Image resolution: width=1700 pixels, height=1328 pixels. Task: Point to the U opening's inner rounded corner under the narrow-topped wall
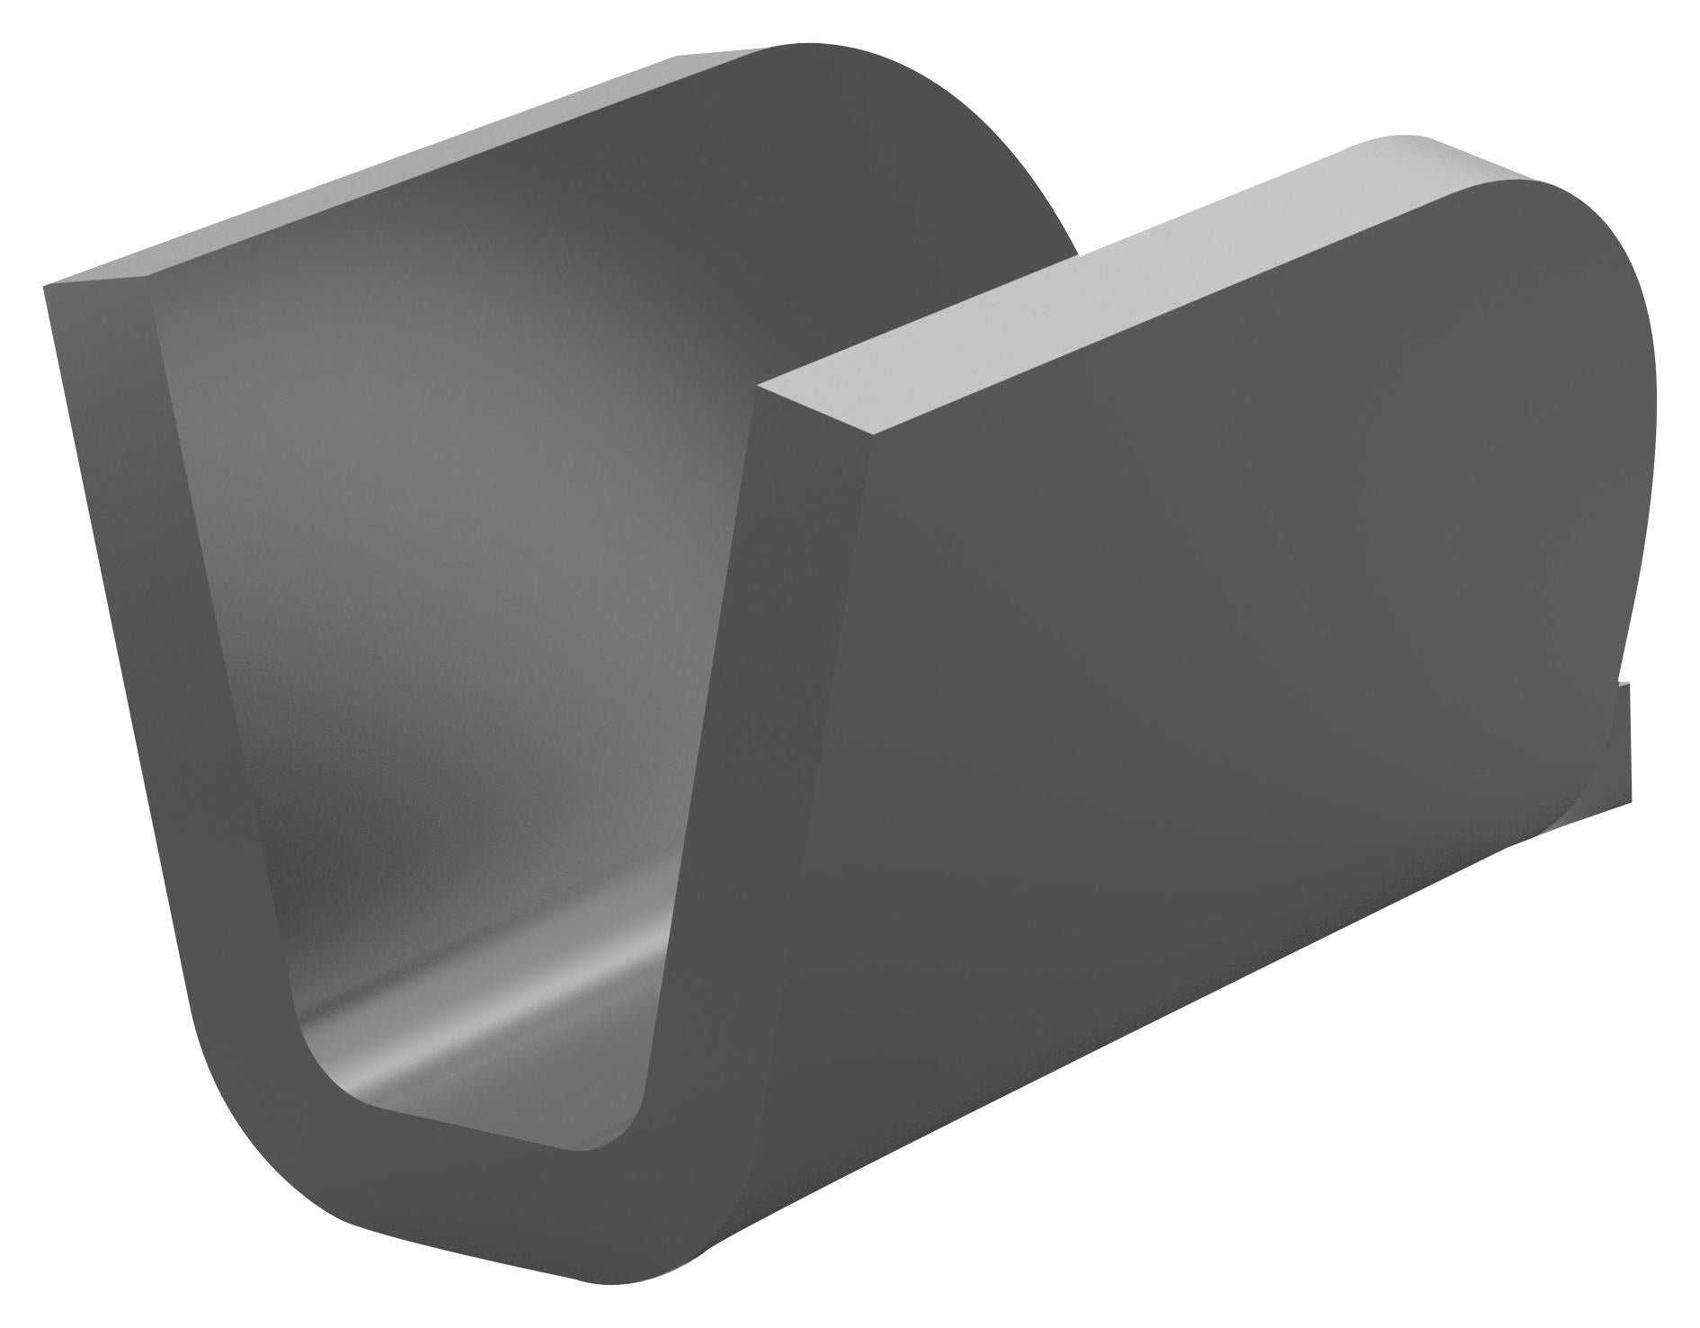pyautogui.click(x=315, y=1061)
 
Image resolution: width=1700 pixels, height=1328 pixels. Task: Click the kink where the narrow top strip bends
pyautogui.click(x=148, y=273)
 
